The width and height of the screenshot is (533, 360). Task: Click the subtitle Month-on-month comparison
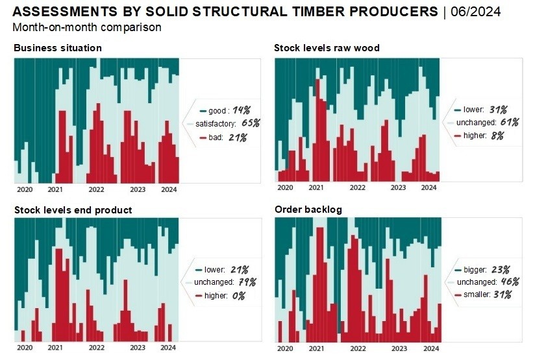pyautogui.click(x=87, y=27)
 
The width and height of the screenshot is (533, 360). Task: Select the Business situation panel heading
pyautogui.click(x=57, y=48)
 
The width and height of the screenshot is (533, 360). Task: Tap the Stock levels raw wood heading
pyautogui.click(x=327, y=48)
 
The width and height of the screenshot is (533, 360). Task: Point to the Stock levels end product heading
pyautogui.click(x=73, y=210)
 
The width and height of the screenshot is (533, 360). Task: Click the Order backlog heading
pyautogui.click(x=308, y=210)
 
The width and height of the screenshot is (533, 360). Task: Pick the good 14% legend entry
pyautogui.click(x=225, y=110)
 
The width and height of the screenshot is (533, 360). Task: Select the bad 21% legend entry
pyautogui.click(x=223, y=138)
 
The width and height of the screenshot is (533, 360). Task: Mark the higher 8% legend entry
pyautogui.click(x=479, y=136)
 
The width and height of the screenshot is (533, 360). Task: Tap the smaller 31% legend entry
pyautogui.click(x=484, y=294)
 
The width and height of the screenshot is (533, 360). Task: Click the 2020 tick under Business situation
pyautogui.click(x=24, y=189)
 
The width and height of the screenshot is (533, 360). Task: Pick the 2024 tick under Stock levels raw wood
pyautogui.click(x=429, y=187)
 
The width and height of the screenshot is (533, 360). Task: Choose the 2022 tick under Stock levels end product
pyautogui.click(x=96, y=348)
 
